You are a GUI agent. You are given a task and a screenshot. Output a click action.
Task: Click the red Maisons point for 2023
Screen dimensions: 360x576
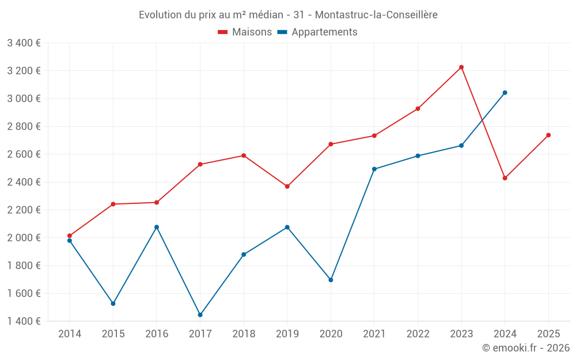tap(461, 67)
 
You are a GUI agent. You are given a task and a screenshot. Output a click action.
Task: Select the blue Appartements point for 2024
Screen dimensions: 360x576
tap(505, 93)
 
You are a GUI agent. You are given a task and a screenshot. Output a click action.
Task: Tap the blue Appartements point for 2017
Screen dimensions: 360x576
tap(200, 315)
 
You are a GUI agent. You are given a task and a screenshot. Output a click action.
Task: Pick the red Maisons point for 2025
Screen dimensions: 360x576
tap(548, 135)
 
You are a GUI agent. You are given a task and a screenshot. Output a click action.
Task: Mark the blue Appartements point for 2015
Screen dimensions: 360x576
tap(113, 304)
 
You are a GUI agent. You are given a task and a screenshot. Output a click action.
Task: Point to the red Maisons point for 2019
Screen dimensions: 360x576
tap(287, 187)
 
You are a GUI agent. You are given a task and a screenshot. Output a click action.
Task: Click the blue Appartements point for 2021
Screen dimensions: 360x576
tap(374, 169)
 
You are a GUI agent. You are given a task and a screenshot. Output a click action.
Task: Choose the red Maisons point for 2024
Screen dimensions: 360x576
tap(505, 178)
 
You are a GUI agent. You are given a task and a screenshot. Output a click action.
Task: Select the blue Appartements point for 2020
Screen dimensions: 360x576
tap(331, 280)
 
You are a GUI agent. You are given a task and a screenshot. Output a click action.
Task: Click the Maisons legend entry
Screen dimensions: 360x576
tap(245, 32)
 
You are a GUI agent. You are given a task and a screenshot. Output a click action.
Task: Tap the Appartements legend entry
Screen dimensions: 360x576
tap(317, 32)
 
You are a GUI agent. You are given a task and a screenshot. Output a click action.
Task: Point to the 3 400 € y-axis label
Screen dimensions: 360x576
tap(24, 43)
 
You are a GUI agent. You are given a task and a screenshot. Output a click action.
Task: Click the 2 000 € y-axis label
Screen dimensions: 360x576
tap(24, 238)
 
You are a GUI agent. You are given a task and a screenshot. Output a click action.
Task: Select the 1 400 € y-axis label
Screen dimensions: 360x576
tap(24, 321)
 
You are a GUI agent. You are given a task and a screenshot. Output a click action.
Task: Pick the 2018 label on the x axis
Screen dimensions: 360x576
tap(244, 334)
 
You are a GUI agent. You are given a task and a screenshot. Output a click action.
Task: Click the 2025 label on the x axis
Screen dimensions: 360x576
tap(548, 334)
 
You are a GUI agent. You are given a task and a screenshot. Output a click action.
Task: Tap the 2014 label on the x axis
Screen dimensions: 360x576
tap(70, 334)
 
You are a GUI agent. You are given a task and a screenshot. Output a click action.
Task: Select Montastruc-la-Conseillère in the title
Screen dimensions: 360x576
tap(377, 15)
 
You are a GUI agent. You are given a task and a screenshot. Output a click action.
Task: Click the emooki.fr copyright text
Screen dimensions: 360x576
tap(526, 348)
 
